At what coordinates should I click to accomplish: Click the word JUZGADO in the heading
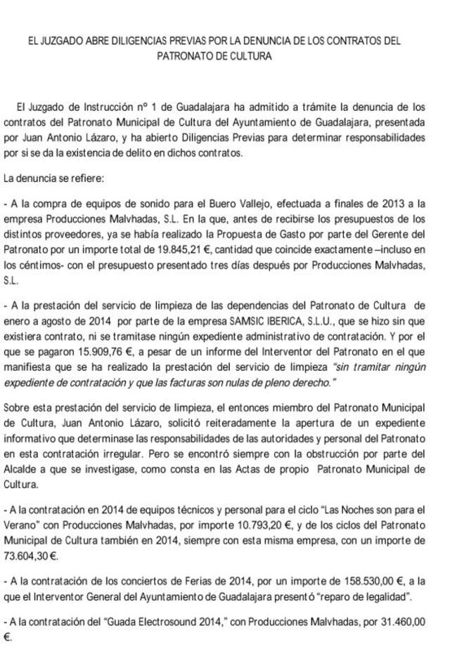click(62, 41)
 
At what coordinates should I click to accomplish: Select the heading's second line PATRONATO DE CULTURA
click(228, 55)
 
